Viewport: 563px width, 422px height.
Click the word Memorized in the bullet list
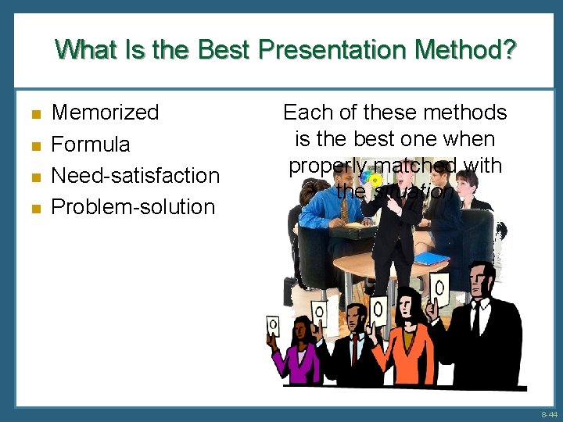tap(105, 113)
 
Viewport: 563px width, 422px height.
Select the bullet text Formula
tap(91, 145)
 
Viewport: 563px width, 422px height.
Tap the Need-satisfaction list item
tap(134, 175)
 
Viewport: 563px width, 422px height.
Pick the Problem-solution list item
tap(133, 207)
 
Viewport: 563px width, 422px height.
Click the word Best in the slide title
tap(224, 50)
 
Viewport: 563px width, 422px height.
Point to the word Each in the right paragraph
tap(307, 113)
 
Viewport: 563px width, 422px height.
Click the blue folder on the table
tap(431, 258)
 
